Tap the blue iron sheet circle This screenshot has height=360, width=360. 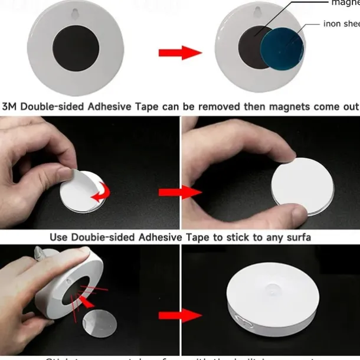282,53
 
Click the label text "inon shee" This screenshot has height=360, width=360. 341,24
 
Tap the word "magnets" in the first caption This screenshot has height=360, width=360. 293,107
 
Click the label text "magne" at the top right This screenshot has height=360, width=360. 345,3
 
